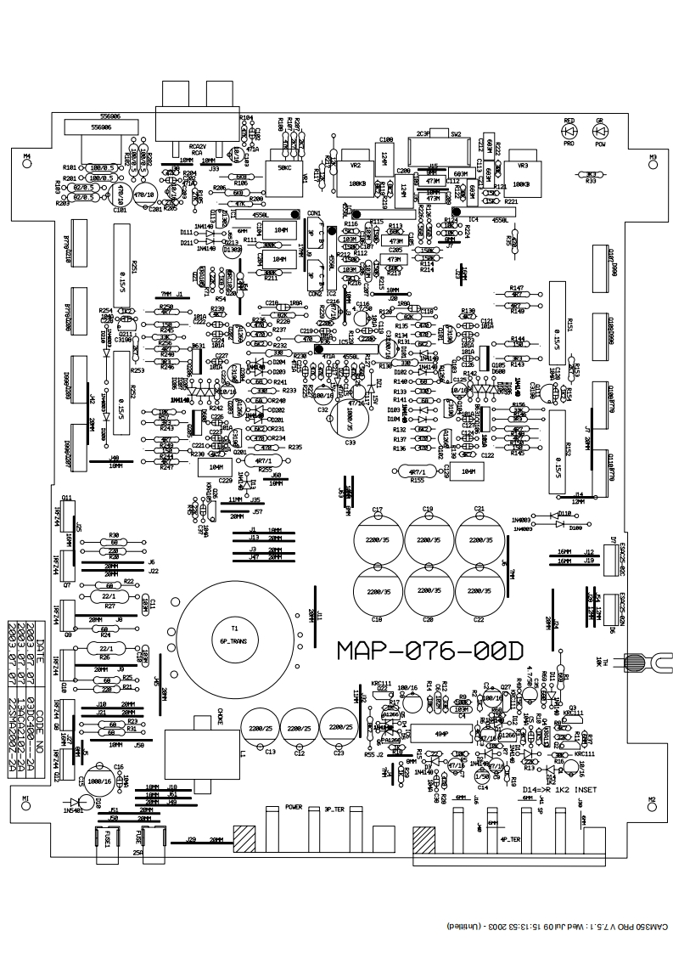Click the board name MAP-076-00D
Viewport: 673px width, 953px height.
tap(429, 650)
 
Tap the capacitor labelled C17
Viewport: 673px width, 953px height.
tap(379, 539)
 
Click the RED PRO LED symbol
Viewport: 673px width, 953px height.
tap(569, 132)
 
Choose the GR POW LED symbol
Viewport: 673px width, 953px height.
tap(600, 132)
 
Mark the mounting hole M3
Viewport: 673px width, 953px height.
tap(653, 167)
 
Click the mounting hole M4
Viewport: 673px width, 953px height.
tap(25, 166)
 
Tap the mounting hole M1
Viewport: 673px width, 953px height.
tap(25, 808)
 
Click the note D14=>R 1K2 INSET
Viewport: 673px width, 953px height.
tap(561, 789)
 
